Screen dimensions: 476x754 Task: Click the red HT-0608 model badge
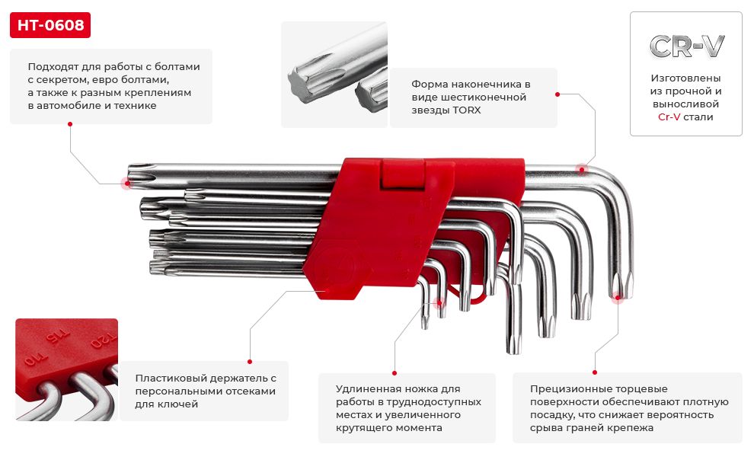[x=50, y=26]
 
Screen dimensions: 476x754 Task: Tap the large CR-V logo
[x=686, y=46]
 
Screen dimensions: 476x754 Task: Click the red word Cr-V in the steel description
[x=669, y=117]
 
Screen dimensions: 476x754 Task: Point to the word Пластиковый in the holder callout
[x=170, y=378]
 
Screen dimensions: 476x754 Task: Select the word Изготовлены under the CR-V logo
[x=685, y=78]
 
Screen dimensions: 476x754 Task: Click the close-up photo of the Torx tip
[x=334, y=74]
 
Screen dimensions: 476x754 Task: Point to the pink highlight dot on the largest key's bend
[x=582, y=169]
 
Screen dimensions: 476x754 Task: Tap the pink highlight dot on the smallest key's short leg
[x=440, y=302]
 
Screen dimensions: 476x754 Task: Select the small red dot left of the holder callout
[x=249, y=361]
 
